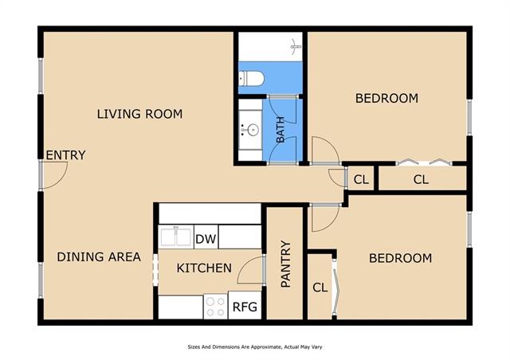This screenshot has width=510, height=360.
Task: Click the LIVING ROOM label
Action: (x=140, y=114)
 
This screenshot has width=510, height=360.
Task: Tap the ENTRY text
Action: (x=65, y=155)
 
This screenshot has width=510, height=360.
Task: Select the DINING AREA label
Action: (x=99, y=257)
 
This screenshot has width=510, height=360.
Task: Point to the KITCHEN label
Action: (x=204, y=268)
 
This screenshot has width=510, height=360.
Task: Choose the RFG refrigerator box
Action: (x=245, y=305)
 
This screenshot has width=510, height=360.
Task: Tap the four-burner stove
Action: (x=216, y=307)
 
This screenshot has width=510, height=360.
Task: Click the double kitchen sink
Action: (x=175, y=237)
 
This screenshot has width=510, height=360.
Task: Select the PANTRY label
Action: (x=285, y=264)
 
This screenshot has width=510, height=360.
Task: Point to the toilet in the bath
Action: (x=251, y=78)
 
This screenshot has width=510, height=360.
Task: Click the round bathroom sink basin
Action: (x=253, y=131)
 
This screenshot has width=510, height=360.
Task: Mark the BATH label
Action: (x=280, y=130)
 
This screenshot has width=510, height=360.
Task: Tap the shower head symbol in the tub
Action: (x=296, y=46)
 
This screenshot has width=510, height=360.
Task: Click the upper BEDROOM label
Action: (x=386, y=98)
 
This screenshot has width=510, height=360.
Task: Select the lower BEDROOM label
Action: (x=400, y=258)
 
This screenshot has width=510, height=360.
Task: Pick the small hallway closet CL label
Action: (x=361, y=179)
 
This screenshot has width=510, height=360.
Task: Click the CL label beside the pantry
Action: (x=320, y=288)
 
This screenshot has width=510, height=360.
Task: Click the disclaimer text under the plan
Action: (x=255, y=347)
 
